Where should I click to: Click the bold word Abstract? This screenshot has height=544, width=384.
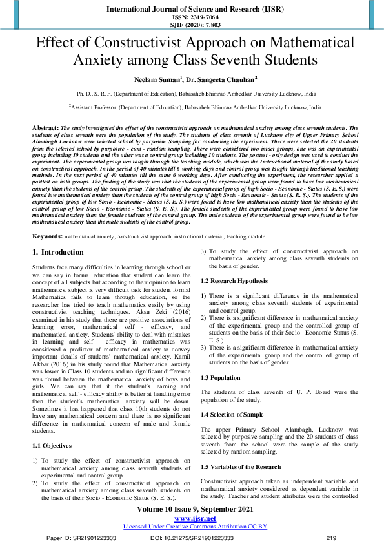(x=45, y=129)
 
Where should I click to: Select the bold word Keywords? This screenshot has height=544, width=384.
(x=47, y=237)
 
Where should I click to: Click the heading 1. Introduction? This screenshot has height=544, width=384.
(x=58, y=252)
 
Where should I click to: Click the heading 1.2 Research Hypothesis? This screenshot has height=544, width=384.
(x=233, y=281)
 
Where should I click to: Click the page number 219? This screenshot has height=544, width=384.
(x=332, y=538)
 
